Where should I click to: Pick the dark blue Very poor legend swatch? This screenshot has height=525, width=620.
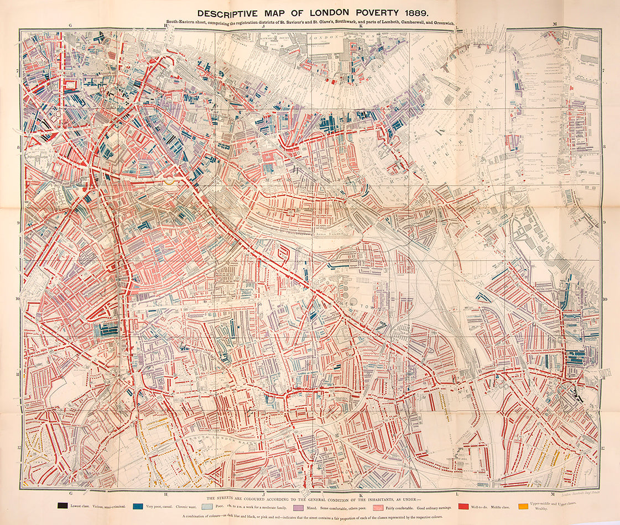pos(138,506)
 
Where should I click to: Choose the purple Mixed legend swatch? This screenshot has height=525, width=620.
pos(297,506)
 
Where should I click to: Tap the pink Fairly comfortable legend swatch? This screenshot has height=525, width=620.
pos(377,506)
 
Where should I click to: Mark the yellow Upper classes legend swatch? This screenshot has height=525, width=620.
pos(523,506)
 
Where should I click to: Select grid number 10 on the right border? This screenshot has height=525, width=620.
pos(605,299)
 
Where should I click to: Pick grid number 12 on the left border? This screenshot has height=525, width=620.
pos(18,448)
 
